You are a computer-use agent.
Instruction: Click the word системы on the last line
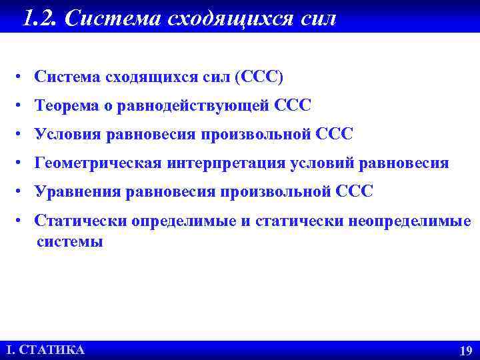pos(70,241)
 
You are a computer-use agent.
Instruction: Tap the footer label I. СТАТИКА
pos(45,350)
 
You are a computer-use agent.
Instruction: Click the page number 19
pos(465,351)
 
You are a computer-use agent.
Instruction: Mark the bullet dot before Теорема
pos(22,105)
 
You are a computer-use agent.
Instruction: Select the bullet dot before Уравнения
pos(22,192)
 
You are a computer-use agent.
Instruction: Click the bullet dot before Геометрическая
pos(22,163)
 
